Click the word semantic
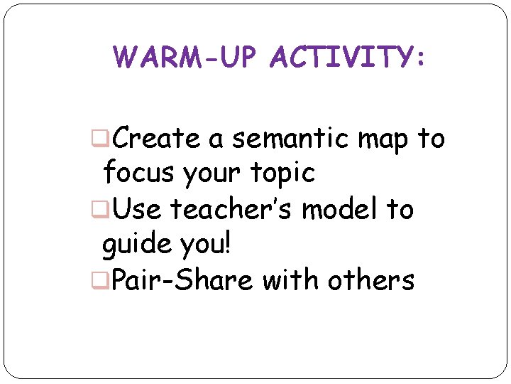(290, 139)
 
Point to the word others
(371, 280)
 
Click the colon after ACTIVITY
(422, 60)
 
